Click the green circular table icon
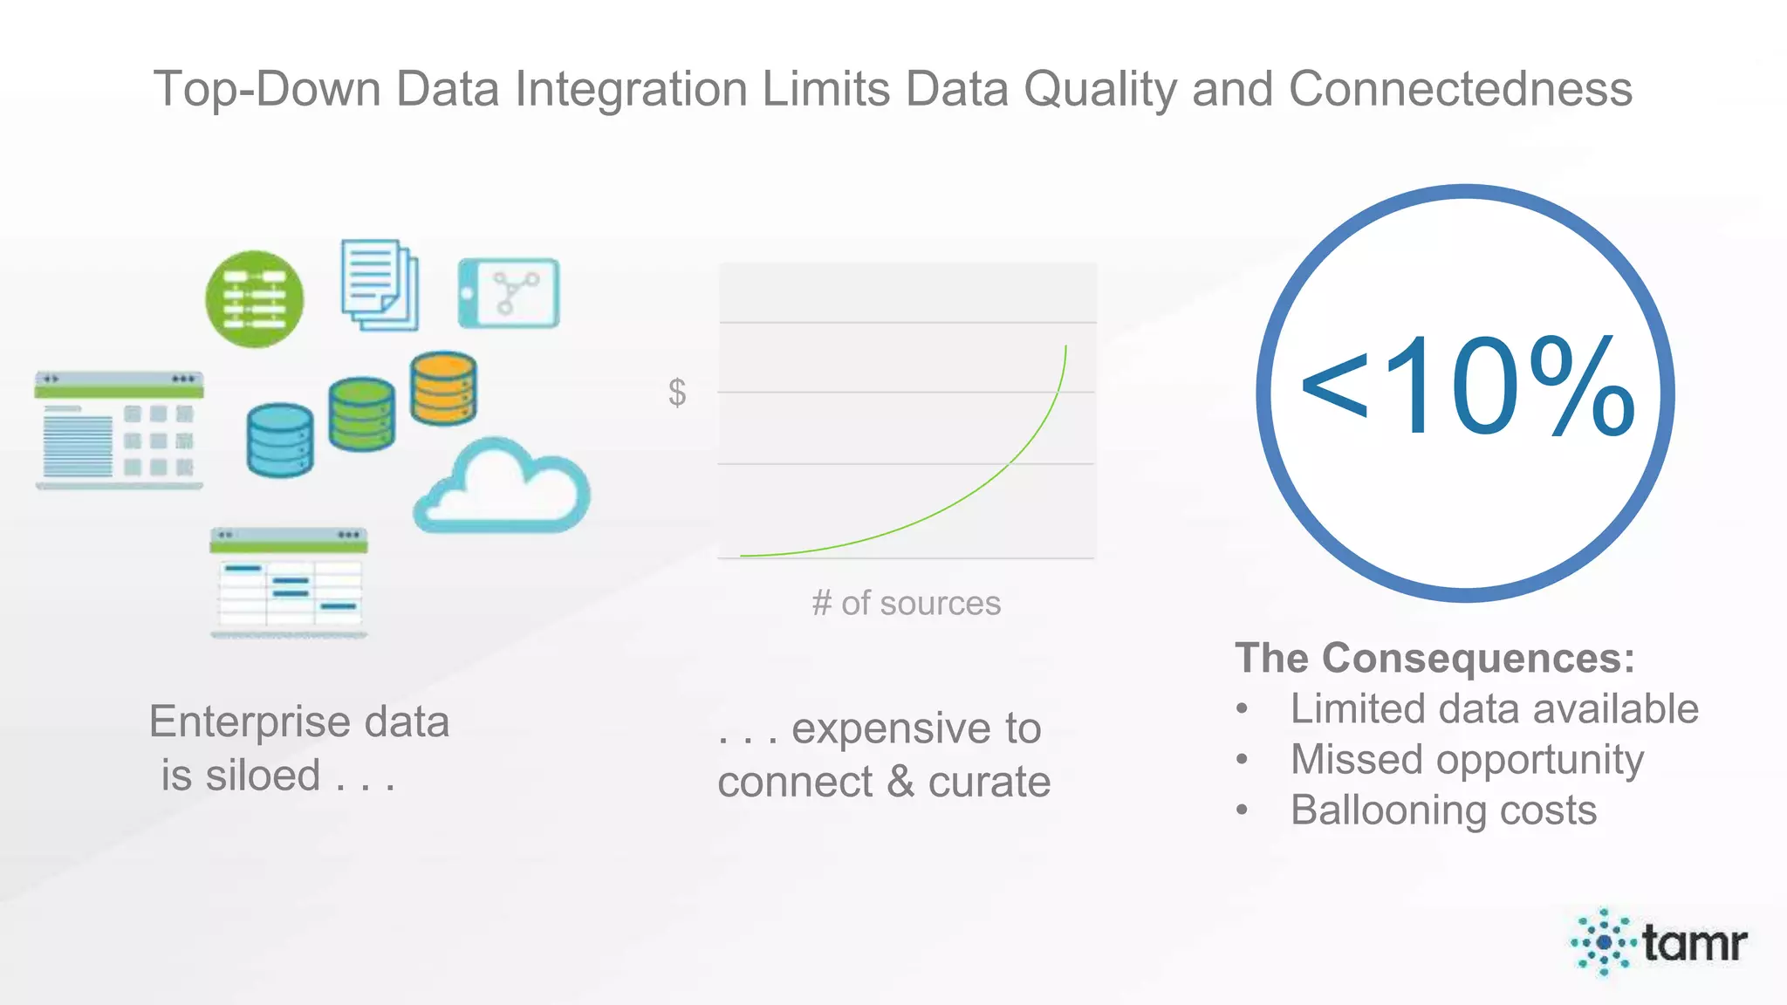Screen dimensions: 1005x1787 (254, 299)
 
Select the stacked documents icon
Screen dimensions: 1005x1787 (380, 285)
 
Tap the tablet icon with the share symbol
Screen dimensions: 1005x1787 (509, 293)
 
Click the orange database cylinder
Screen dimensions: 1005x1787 (443, 388)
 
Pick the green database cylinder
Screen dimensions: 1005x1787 (361, 414)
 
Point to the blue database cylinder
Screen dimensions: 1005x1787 (280, 440)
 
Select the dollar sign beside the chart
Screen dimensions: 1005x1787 (677, 393)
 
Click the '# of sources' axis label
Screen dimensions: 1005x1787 (906, 603)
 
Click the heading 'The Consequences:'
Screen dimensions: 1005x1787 (1434, 658)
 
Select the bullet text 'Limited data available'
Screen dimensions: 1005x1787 (1494, 708)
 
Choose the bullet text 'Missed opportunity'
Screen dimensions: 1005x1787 (1467, 759)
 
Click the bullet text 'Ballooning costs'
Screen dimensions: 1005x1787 (1443, 810)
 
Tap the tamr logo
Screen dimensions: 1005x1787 (1659, 942)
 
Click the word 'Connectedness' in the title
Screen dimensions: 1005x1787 (1460, 89)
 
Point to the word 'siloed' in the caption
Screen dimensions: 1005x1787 (263, 776)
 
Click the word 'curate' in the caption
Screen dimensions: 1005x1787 (989, 782)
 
